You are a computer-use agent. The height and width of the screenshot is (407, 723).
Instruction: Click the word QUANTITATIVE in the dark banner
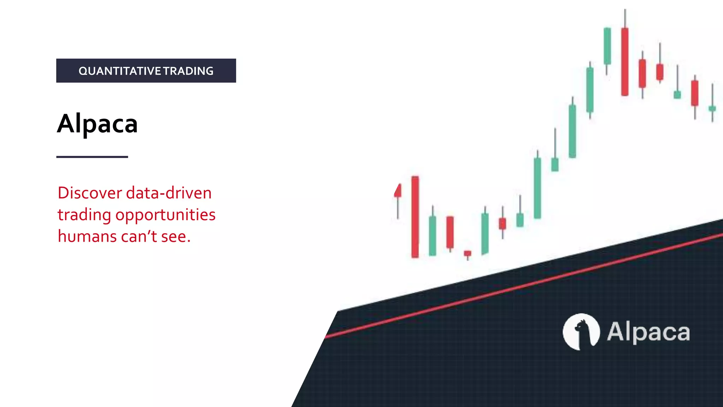[x=120, y=71]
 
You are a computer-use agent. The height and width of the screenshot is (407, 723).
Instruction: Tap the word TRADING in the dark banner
[x=189, y=71]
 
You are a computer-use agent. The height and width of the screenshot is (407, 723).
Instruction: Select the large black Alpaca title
[x=97, y=124]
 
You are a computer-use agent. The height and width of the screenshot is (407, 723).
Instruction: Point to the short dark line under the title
[x=92, y=157]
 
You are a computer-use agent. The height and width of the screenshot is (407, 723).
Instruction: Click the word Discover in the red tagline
[x=90, y=193]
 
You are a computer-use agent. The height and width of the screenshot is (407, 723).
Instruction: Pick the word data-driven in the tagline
[x=169, y=193]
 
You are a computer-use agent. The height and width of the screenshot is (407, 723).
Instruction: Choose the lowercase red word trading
[x=84, y=215]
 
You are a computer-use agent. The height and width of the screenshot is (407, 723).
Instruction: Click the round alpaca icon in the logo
[x=581, y=332]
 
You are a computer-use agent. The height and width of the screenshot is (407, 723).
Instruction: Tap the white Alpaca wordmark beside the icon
[x=648, y=332]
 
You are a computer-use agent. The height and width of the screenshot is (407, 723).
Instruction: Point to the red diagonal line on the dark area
[x=522, y=285]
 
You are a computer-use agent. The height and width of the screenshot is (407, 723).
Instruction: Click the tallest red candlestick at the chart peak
[x=625, y=62]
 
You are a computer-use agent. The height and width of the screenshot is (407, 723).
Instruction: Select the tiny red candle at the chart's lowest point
[x=467, y=253]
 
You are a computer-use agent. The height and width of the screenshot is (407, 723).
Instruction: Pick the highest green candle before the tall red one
[x=607, y=46]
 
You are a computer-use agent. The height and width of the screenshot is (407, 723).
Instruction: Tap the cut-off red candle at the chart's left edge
[x=398, y=191]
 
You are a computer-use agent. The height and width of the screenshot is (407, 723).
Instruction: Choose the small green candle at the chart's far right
[x=712, y=108]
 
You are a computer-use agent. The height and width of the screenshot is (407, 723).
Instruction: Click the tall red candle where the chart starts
[x=415, y=217]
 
